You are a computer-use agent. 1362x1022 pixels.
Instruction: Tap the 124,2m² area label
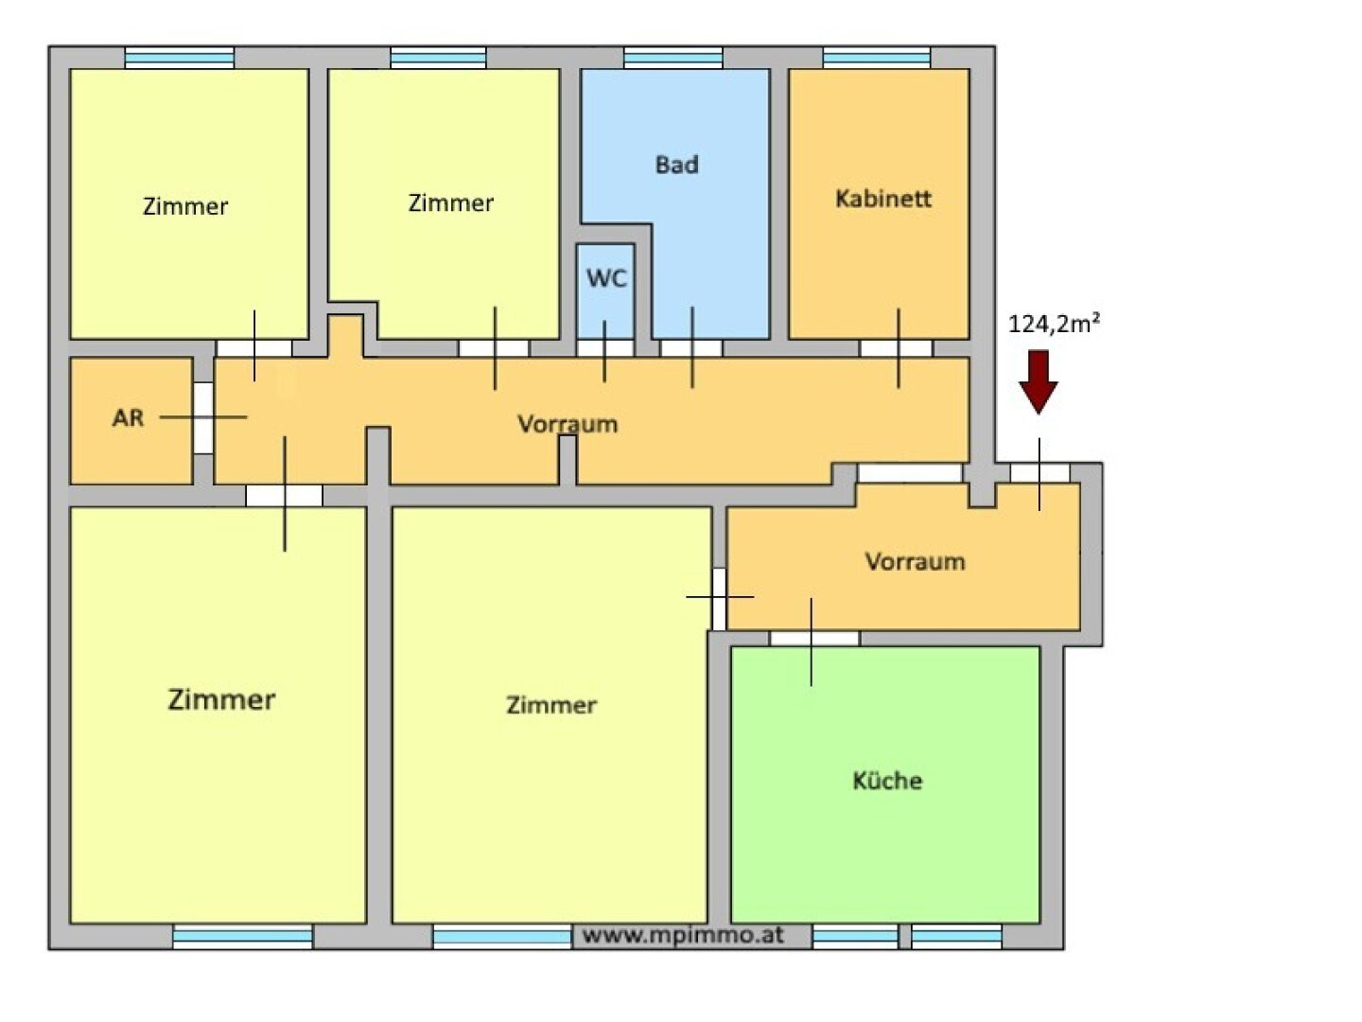pos(1054,324)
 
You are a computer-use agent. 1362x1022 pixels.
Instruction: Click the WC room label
pos(606,278)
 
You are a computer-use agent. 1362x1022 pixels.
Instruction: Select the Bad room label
pos(676,165)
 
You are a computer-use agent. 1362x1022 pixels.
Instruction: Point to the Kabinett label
pos(883,199)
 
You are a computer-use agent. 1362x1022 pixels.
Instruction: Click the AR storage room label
pos(128,417)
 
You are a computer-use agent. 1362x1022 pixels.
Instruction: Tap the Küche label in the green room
pos(887,781)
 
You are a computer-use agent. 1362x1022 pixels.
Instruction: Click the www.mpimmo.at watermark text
pos(683,935)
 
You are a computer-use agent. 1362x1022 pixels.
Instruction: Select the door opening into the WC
pos(605,348)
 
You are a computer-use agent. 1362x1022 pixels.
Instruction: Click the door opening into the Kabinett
pos(896,349)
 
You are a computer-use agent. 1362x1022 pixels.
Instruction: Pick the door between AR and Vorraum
pos(203,417)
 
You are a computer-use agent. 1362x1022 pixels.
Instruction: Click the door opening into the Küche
pos(814,639)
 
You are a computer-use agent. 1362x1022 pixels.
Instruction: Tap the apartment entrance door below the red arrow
pos(1040,474)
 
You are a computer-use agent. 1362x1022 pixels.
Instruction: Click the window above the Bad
pos(673,58)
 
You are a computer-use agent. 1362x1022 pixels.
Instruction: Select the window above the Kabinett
pos(877,58)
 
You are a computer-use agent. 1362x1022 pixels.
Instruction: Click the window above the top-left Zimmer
pos(180,58)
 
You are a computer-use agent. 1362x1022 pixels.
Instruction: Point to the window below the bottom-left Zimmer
pos(243,937)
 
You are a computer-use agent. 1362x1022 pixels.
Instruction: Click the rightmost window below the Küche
pos(956,937)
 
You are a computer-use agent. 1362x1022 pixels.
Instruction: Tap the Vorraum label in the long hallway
pos(567,425)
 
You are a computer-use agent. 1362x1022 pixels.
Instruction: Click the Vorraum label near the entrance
pos(916,561)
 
